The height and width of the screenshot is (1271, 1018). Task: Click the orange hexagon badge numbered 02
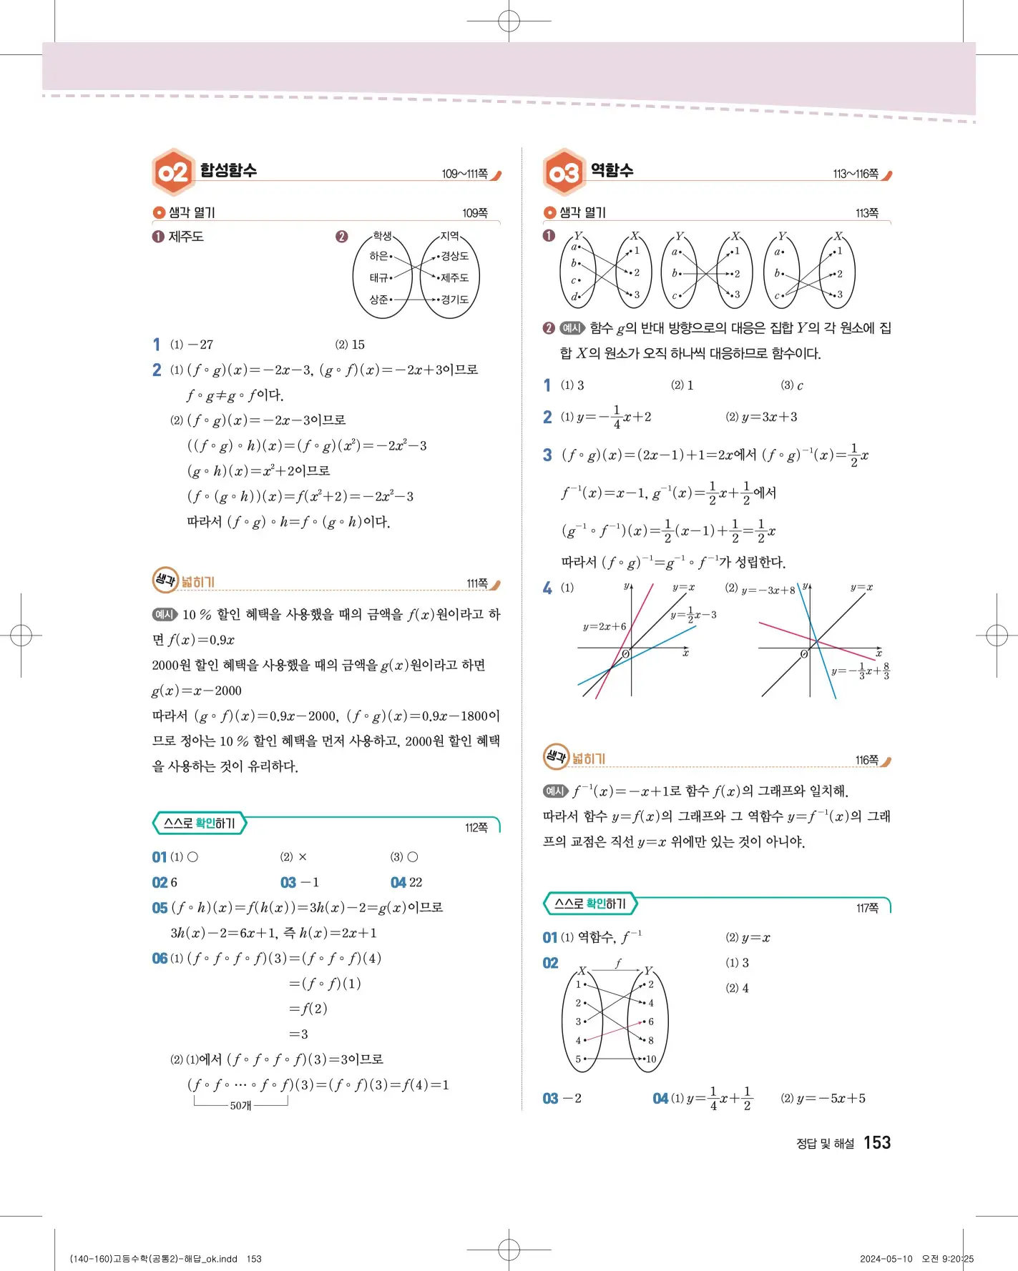[173, 172]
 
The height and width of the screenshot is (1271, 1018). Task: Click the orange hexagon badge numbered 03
[564, 172]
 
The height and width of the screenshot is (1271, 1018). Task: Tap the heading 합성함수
[228, 170]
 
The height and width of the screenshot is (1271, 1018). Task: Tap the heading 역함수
[612, 170]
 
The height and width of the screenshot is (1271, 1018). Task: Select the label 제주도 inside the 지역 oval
[455, 277]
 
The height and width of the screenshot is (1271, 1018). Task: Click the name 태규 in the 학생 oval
[378, 277]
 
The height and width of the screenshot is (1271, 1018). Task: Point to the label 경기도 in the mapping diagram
[455, 300]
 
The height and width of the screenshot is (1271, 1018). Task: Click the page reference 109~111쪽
[464, 174]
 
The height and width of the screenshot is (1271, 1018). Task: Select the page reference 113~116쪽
[856, 174]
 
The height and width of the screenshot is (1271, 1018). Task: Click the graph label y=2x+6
[605, 627]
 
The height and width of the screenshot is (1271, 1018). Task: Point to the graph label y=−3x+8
[768, 590]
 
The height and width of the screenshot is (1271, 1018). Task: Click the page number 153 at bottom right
[876, 1142]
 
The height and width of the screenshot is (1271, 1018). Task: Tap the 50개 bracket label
[240, 1106]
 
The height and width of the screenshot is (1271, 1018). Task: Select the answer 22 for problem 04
[416, 883]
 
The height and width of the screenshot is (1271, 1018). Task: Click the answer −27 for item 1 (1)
[201, 345]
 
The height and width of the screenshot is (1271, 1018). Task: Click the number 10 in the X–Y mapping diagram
[650, 1059]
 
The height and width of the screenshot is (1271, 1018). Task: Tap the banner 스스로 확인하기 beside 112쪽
[200, 824]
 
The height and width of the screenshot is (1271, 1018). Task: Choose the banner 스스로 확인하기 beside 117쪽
[590, 904]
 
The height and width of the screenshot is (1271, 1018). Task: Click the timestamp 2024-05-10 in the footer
[886, 1259]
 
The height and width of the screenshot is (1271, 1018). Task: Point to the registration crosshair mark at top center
[509, 21]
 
